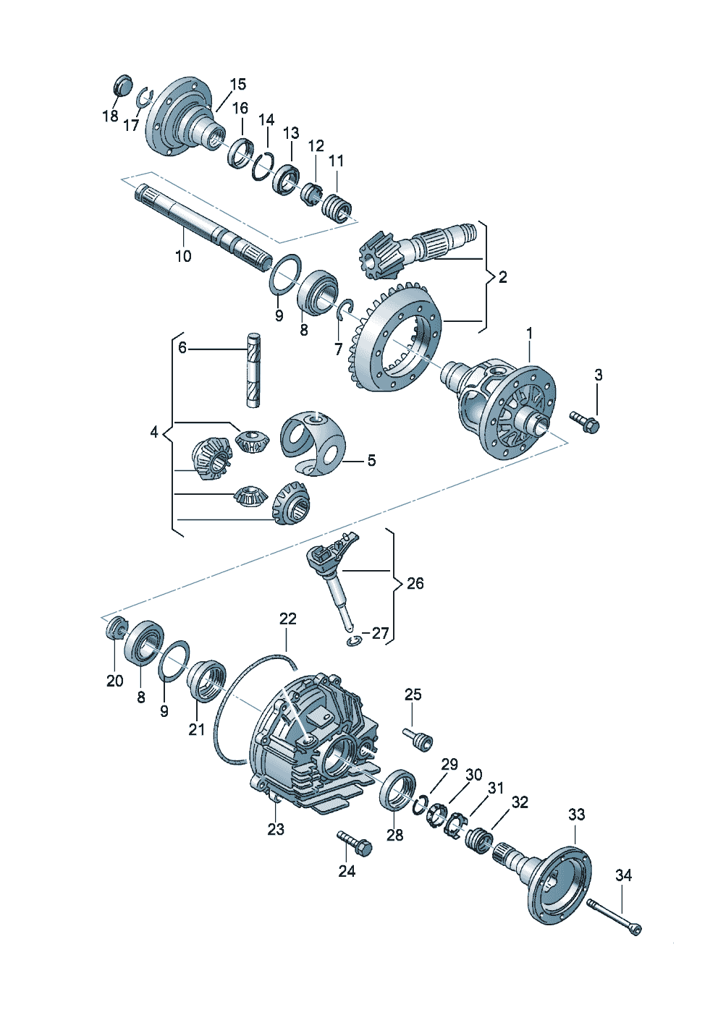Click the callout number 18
point(110,116)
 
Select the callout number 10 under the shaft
point(183,256)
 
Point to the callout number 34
point(623,875)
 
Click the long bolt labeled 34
point(614,915)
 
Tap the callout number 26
point(415,583)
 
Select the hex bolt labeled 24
point(354,841)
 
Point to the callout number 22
point(287,619)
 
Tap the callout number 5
point(371,460)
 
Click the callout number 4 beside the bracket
point(153,432)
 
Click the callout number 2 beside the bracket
point(502,276)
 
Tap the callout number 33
point(576,815)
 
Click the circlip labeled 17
point(145,97)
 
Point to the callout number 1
point(529,333)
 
